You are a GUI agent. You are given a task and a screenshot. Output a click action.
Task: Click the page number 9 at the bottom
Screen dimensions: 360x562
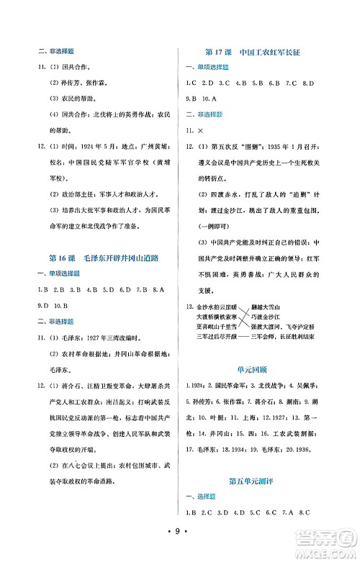coord(180,553)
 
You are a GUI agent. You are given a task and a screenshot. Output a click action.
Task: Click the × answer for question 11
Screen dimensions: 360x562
coord(200,131)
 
